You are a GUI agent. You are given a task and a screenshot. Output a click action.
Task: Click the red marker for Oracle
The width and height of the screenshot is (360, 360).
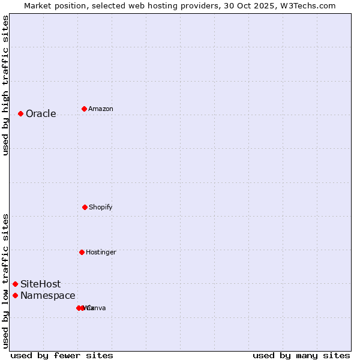[20, 113]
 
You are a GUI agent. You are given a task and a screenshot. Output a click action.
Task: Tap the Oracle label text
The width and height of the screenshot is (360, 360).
[41, 114]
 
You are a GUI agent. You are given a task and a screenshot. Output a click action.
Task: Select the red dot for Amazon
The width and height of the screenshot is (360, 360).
[84, 109]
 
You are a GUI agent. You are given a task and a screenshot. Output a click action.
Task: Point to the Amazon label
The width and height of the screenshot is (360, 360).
[100, 109]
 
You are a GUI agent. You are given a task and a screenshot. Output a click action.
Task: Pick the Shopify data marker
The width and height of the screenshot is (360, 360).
[85, 207]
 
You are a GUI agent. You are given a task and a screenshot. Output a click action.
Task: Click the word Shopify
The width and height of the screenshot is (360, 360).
[100, 208]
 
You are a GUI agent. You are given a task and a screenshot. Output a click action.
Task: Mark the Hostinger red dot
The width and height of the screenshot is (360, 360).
[82, 252]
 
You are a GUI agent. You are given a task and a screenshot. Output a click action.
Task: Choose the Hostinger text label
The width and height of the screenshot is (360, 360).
[101, 253]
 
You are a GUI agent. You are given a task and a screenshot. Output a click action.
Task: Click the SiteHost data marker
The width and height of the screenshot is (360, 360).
[15, 284]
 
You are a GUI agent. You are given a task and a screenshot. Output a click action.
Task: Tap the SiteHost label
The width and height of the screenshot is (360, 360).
[40, 284]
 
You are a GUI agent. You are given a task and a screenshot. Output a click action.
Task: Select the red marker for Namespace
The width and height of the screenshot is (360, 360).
[15, 295]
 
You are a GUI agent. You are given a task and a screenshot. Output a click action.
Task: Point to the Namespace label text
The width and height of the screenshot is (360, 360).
[47, 296]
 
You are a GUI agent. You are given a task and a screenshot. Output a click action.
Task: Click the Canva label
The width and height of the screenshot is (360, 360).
[97, 308]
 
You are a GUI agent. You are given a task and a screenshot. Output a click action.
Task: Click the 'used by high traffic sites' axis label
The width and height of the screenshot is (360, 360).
[5, 85]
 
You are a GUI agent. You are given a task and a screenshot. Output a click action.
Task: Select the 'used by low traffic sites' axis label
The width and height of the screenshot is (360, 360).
[5, 281]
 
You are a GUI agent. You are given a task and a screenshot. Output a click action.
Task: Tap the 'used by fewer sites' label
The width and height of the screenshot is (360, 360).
[62, 355]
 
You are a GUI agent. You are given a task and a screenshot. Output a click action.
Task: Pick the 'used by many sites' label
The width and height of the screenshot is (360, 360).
[301, 355]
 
